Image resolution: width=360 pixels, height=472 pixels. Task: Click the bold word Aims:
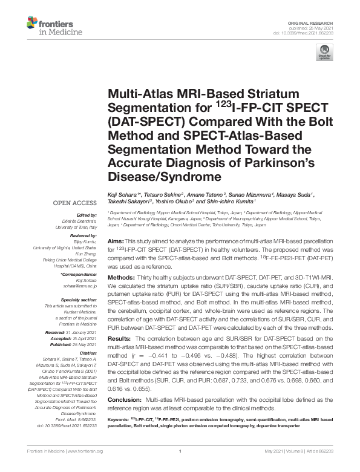click(x=117, y=241)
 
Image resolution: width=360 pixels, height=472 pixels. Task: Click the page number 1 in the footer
click(x=180, y=451)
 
